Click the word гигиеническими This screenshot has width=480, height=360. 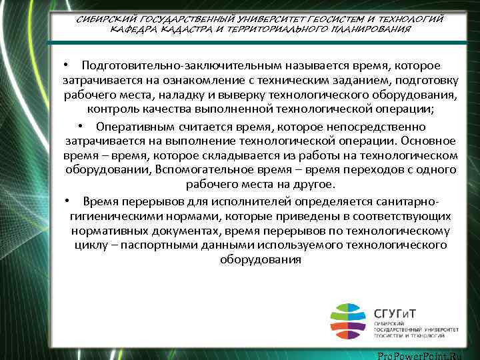111,216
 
